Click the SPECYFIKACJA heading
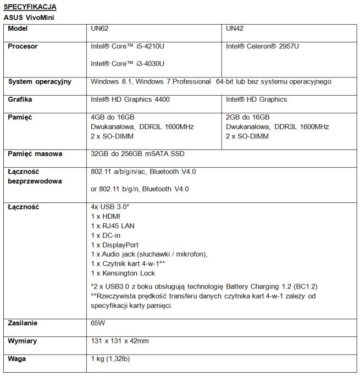(x=30, y=7)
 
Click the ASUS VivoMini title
(x=29, y=18)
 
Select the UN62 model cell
(x=100, y=29)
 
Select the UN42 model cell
(x=235, y=29)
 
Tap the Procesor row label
(x=23, y=47)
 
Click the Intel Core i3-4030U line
(x=128, y=64)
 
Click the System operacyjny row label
(x=40, y=82)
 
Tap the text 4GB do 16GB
(x=109, y=117)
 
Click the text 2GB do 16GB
(x=245, y=117)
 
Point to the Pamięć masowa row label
(x=35, y=154)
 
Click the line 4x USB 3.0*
(x=110, y=207)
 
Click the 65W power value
(x=98, y=323)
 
